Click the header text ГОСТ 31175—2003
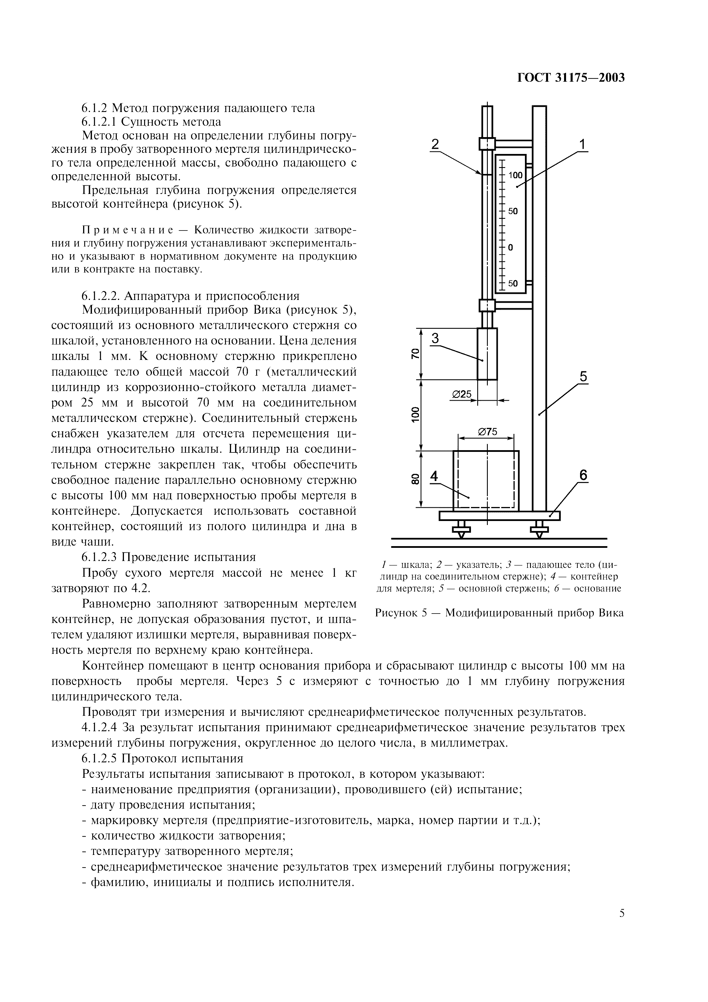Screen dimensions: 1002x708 click(x=571, y=78)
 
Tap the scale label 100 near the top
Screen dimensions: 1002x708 click(x=515, y=175)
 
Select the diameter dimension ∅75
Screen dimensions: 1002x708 click(x=487, y=432)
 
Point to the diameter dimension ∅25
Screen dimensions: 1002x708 click(x=462, y=394)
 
